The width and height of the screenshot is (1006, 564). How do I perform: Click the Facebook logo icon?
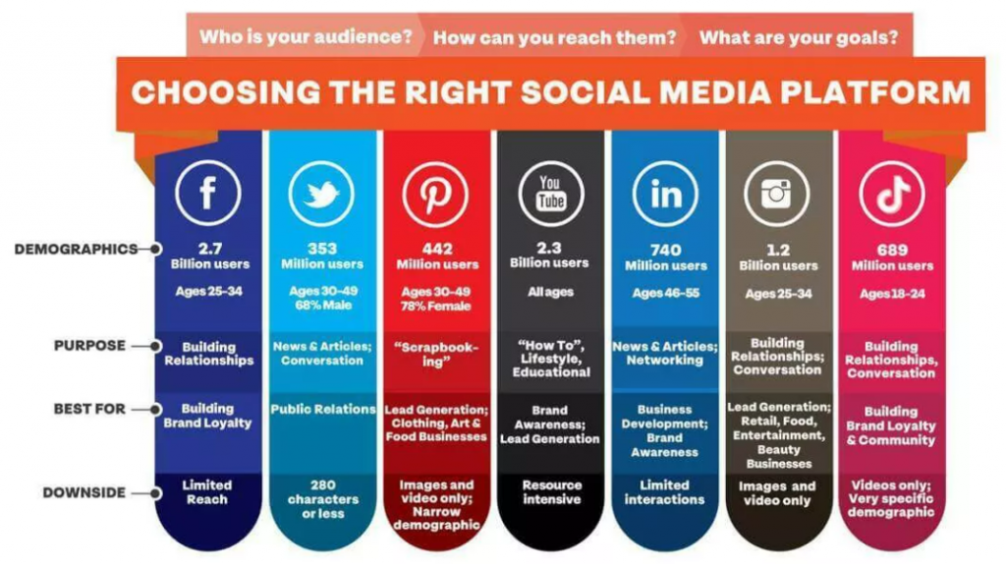click(x=208, y=194)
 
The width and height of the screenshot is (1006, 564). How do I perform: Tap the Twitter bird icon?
click(x=321, y=194)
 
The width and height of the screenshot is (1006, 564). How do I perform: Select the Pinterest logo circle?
click(x=435, y=195)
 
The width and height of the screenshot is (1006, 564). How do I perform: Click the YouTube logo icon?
click(x=550, y=194)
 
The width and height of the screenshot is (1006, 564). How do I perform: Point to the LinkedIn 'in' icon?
click(x=665, y=194)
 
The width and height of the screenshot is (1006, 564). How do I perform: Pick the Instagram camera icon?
click(x=777, y=194)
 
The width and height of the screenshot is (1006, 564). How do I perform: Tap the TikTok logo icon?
click(x=892, y=194)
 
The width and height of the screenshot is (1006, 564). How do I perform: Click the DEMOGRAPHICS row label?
click(x=76, y=249)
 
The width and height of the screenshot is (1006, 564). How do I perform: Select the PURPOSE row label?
click(x=89, y=345)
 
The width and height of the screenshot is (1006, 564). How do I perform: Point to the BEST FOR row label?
click(x=89, y=409)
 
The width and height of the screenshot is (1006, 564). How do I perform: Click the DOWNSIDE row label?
click(x=84, y=493)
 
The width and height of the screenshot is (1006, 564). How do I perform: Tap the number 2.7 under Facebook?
click(x=210, y=249)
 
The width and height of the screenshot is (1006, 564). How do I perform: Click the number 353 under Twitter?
click(x=322, y=249)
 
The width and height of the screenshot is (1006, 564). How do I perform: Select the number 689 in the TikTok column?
click(x=892, y=251)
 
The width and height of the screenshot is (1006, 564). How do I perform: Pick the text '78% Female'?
click(x=435, y=307)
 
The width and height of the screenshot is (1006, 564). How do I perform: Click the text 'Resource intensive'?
click(x=552, y=492)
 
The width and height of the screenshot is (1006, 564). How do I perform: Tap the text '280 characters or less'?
click(x=322, y=499)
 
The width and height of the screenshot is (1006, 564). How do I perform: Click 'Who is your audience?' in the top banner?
click(x=307, y=36)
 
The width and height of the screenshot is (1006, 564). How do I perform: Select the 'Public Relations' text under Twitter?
click(x=322, y=410)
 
